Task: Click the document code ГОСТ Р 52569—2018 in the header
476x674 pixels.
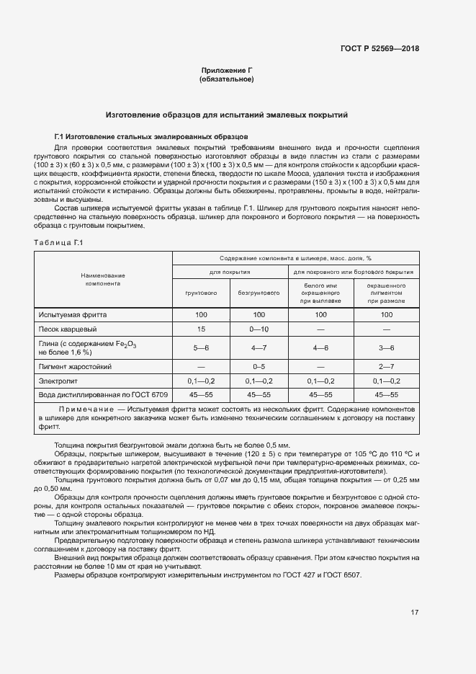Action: point(380,49)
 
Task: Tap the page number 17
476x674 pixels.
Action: point(415,613)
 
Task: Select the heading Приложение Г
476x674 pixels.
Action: point(226,70)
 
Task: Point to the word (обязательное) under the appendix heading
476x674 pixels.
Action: point(226,79)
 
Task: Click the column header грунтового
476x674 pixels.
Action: point(202,293)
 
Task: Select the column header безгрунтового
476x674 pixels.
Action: point(259,293)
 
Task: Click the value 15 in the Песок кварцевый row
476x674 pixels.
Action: point(202,329)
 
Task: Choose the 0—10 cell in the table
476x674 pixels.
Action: point(259,329)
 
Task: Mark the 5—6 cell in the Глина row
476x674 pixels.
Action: point(202,348)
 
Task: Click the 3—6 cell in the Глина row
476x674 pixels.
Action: point(387,348)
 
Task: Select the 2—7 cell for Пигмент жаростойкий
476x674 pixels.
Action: point(387,367)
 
